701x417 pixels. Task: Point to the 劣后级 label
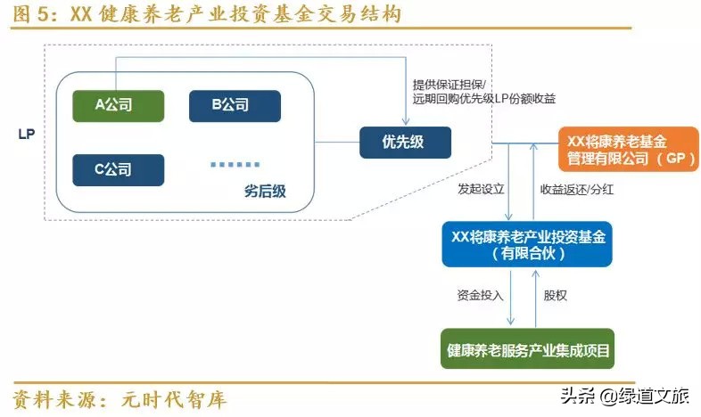(x=265, y=191)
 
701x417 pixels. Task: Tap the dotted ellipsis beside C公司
(x=235, y=164)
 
